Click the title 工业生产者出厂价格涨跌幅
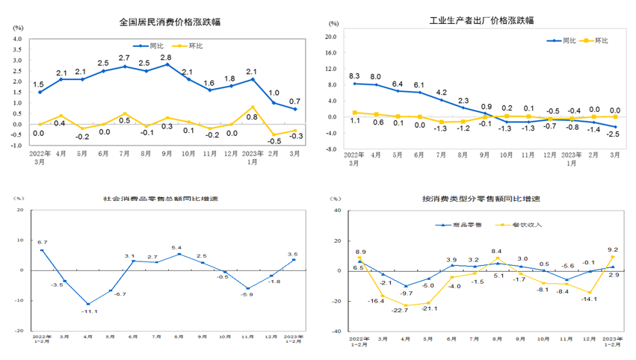tap(482, 20)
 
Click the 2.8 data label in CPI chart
tap(167, 57)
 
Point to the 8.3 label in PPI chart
tap(354, 75)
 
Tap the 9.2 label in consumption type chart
tap(612, 251)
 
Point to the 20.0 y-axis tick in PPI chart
tap(331, 37)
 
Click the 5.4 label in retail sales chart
tap(177, 247)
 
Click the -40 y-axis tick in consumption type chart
tap(336, 331)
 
